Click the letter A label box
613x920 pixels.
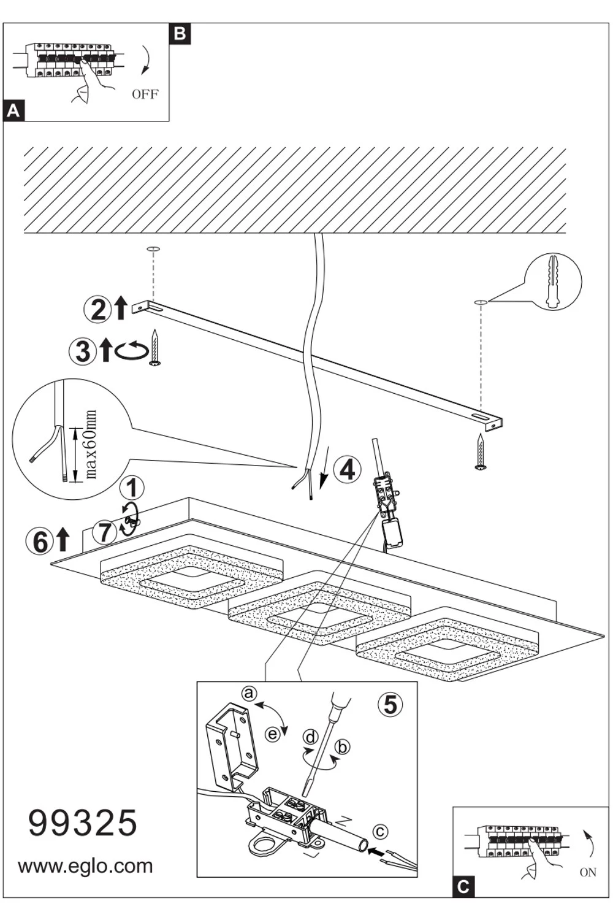(14, 111)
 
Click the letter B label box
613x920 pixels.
(180, 33)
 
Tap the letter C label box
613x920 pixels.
(463, 886)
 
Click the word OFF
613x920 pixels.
(145, 94)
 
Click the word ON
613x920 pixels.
(587, 872)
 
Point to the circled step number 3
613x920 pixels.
(83, 351)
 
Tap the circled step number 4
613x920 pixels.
(347, 470)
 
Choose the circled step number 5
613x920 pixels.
(390, 705)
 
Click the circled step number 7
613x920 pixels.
(105, 531)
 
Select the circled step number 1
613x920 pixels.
(131, 489)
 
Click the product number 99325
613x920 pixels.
(83, 822)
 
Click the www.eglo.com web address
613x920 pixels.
(85, 866)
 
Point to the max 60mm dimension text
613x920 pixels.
(91, 445)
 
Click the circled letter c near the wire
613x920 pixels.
(380, 832)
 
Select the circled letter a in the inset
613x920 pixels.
(248, 694)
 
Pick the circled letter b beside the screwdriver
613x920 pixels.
(343, 746)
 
